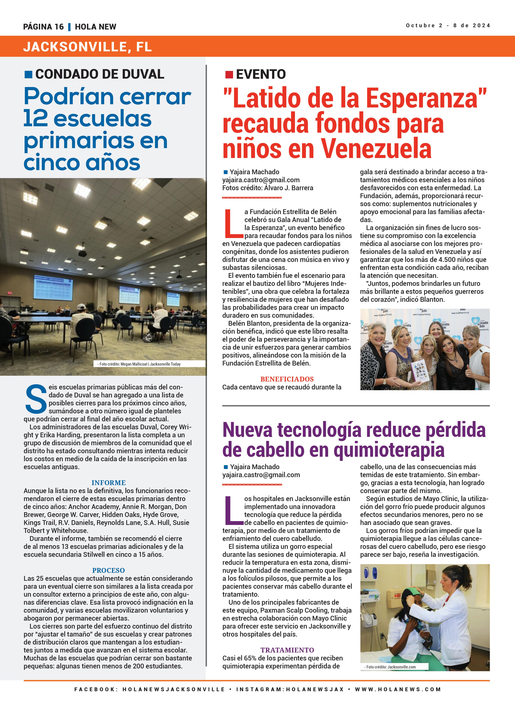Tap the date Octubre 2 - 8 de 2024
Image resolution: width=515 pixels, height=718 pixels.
point(448,26)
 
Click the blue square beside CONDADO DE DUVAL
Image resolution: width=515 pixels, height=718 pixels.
point(29,74)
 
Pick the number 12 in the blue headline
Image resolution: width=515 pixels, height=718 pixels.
point(36,119)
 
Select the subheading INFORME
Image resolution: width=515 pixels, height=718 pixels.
point(108,482)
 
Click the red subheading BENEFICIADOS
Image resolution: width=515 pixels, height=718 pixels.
point(287,379)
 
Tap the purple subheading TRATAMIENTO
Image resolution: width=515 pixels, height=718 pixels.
point(287,650)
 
